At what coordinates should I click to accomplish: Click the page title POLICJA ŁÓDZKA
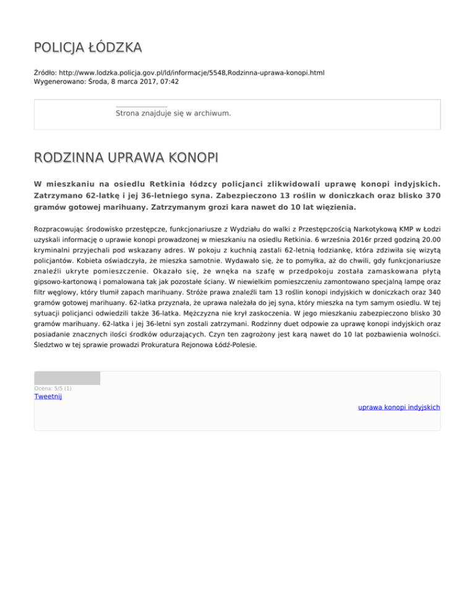[x=88, y=47]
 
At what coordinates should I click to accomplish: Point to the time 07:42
[x=169, y=82]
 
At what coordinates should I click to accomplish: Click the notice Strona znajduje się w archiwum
[x=173, y=114]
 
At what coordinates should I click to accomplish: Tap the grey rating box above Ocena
[x=67, y=378]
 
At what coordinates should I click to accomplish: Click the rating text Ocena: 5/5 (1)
[x=53, y=389]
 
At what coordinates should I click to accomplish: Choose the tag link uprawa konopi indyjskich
[x=399, y=408]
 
